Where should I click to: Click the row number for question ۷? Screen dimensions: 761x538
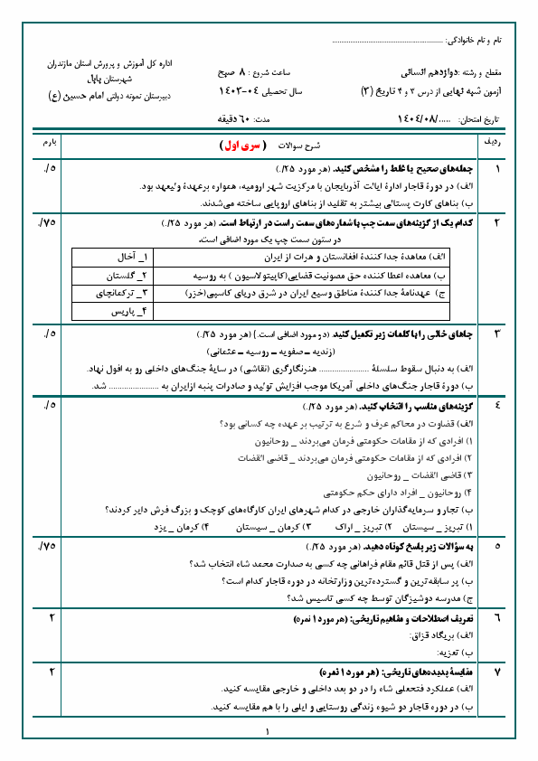pos(496,672)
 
